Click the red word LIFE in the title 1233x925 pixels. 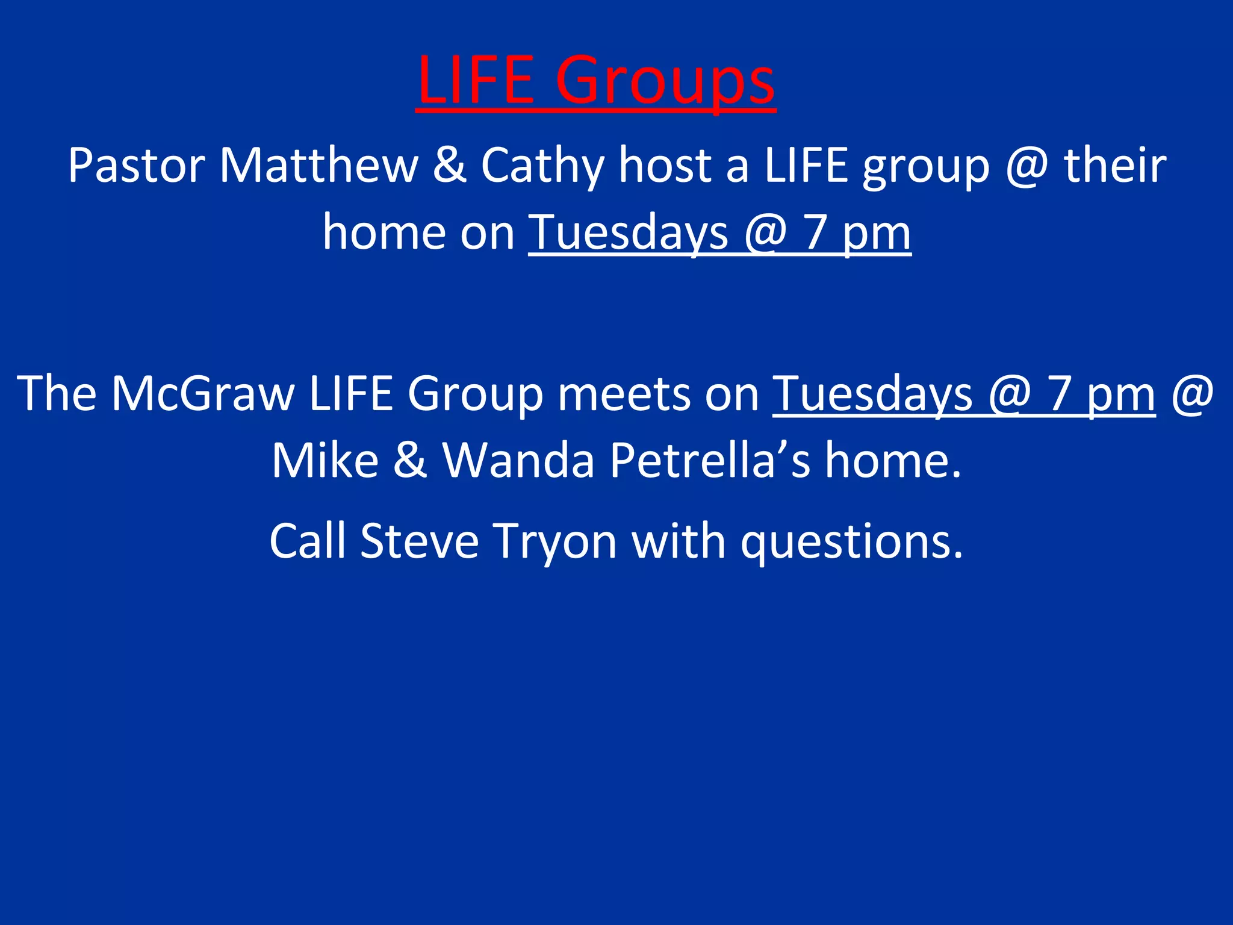[476, 79]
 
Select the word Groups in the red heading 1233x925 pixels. [665, 81]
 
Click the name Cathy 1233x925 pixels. [542, 166]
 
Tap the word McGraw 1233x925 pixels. [203, 393]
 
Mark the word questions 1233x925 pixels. [852, 541]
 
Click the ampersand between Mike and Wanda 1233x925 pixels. [410, 460]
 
